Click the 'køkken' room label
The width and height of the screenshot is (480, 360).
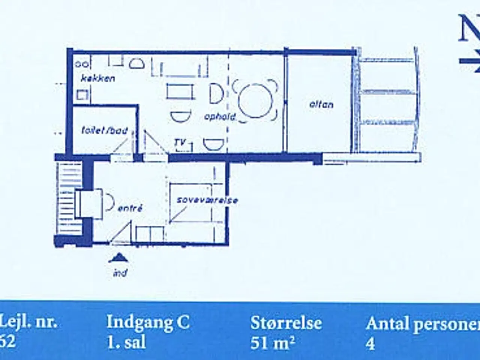[98, 78]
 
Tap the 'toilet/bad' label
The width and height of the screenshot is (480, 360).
[105, 131]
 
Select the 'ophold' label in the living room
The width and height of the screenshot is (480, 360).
[220, 117]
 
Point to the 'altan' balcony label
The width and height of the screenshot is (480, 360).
[321, 104]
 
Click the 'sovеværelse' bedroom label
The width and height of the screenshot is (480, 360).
[207, 200]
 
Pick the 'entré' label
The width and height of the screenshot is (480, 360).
[130, 208]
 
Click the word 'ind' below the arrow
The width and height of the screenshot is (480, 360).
[120, 272]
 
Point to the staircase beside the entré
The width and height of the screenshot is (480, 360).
[69, 199]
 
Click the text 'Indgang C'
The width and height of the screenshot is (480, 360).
[148, 322]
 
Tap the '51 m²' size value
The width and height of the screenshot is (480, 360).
[272, 343]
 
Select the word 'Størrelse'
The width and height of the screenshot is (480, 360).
[286, 322]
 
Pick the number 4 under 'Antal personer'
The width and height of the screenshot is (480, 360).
[370, 343]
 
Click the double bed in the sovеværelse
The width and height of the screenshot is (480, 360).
[190, 202]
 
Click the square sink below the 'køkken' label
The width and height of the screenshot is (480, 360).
[82, 94]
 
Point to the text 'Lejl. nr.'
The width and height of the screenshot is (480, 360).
[29, 322]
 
